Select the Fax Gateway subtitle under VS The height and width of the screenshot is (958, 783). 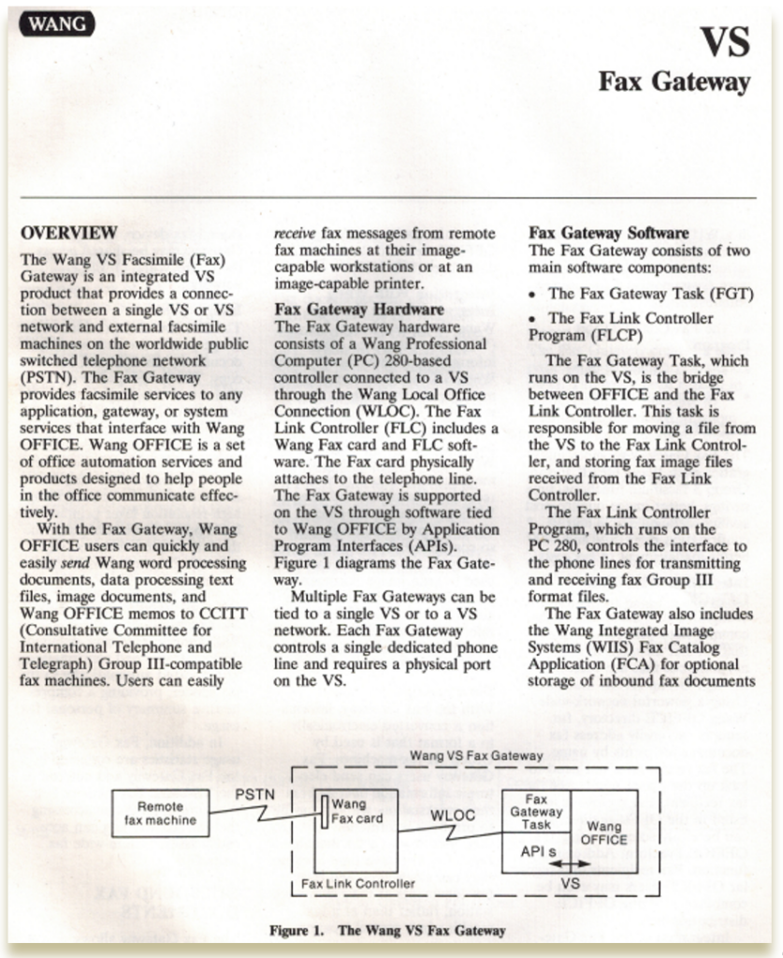(674, 82)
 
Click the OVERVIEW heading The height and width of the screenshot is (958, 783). (69, 232)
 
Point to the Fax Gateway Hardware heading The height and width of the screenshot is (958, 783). (358, 309)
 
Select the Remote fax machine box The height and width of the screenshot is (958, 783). (160, 813)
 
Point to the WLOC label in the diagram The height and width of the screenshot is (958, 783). (453, 815)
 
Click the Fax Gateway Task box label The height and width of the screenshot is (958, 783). (536, 812)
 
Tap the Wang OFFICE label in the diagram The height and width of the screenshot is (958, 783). (604, 834)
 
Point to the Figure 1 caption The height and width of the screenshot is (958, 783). (386, 931)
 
